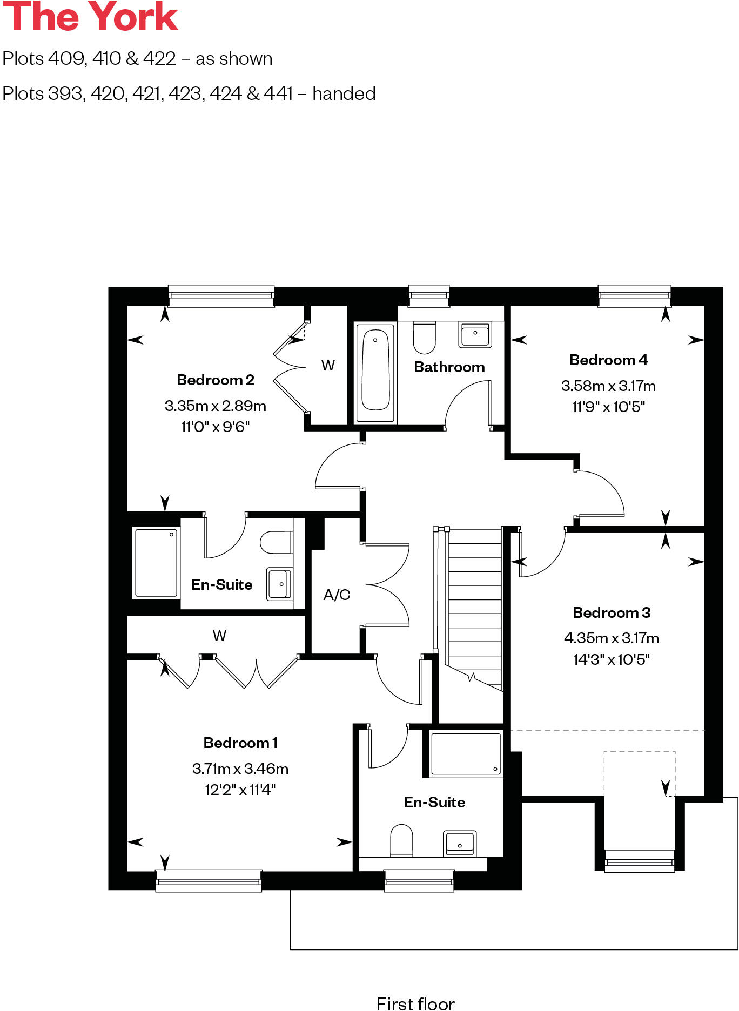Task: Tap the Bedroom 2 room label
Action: (215, 380)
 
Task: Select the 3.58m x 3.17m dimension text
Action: (608, 386)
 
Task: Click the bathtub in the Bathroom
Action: (375, 371)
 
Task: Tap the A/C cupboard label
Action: (337, 595)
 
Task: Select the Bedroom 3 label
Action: (611, 612)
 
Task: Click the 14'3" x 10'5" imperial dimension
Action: (611, 659)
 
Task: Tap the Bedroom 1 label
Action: (240, 743)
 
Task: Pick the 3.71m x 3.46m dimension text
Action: (240, 769)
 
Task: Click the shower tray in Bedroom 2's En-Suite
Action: (156, 562)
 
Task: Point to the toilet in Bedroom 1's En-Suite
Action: (401, 840)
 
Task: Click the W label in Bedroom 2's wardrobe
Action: (328, 366)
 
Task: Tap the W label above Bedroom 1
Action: (219, 636)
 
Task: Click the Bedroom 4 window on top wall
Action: (634, 295)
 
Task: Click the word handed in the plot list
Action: (344, 93)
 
